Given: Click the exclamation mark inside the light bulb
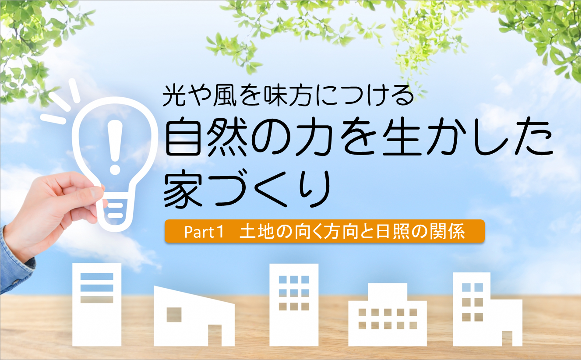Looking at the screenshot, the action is tap(115, 147).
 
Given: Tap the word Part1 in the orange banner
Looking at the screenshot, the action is tap(204, 232).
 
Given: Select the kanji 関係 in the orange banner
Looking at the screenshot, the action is tap(447, 231).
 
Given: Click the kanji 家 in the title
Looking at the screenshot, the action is tap(183, 188).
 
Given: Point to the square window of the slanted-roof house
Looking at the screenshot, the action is tap(174, 315).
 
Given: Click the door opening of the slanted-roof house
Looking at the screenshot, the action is tap(215, 335).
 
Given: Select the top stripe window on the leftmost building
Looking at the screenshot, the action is tap(97, 276).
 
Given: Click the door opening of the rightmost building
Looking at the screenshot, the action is tap(507, 339).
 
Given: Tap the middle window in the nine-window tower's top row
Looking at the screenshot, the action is tap(294, 280).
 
